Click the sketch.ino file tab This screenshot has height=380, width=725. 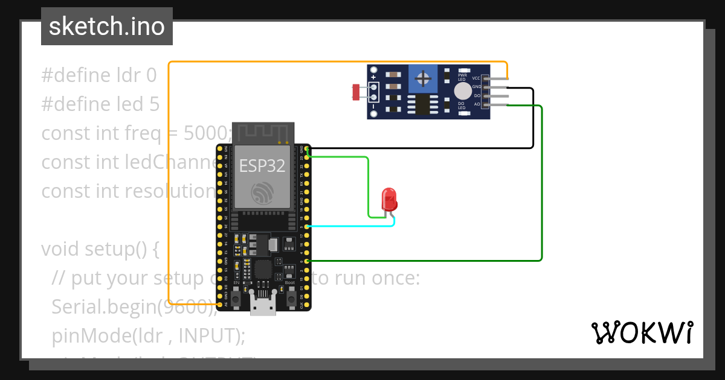[107, 27]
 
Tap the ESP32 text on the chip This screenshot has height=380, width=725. [262, 166]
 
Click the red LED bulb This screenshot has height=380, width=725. [389, 198]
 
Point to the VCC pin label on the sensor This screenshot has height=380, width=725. [476, 78]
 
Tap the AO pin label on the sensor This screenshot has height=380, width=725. [477, 104]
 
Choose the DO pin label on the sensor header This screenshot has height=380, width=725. [477, 96]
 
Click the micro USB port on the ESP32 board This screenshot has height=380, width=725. [263, 306]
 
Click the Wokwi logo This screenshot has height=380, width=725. [642, 333]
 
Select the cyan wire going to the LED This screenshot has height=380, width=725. [350, 226]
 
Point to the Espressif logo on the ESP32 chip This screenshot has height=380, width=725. [262, 192]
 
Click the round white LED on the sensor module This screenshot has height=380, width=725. [463, 91]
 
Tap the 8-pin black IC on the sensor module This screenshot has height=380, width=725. [424, 104]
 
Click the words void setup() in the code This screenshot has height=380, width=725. [100, 249]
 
